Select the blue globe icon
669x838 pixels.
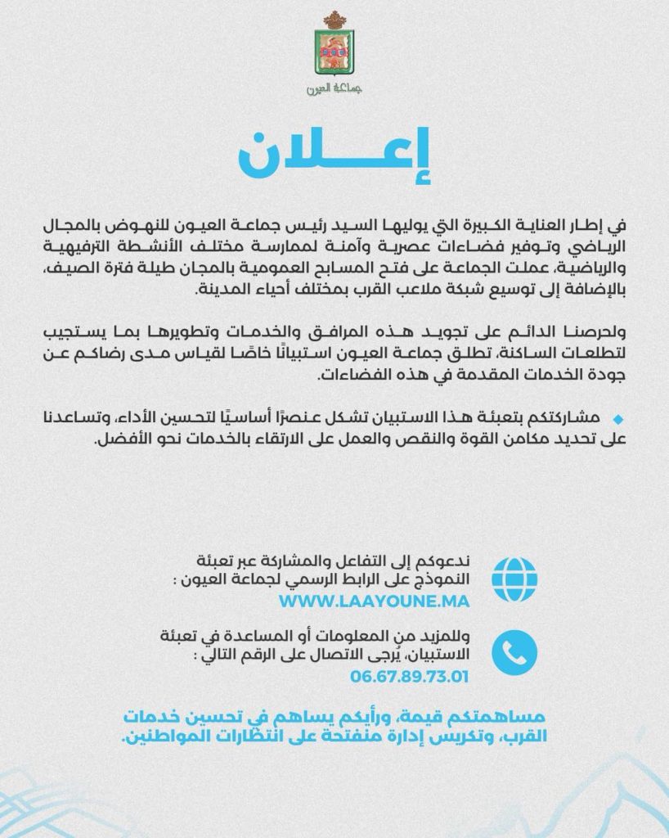point(514,578)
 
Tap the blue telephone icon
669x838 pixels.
point(514,652)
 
